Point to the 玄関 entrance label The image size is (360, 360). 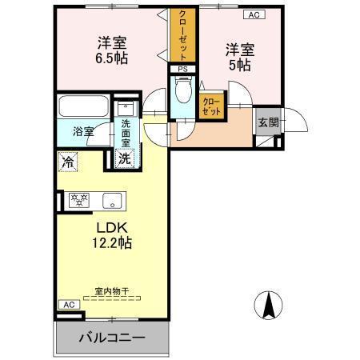click(266, 122)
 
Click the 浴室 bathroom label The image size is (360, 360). click(83, 130)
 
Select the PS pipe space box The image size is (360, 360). click(183, 69)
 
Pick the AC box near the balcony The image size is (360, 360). click(68, 305)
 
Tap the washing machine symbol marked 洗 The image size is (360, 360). click(125, 158)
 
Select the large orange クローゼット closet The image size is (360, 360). click(182, 35)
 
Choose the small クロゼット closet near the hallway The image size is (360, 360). click(212, 106)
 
